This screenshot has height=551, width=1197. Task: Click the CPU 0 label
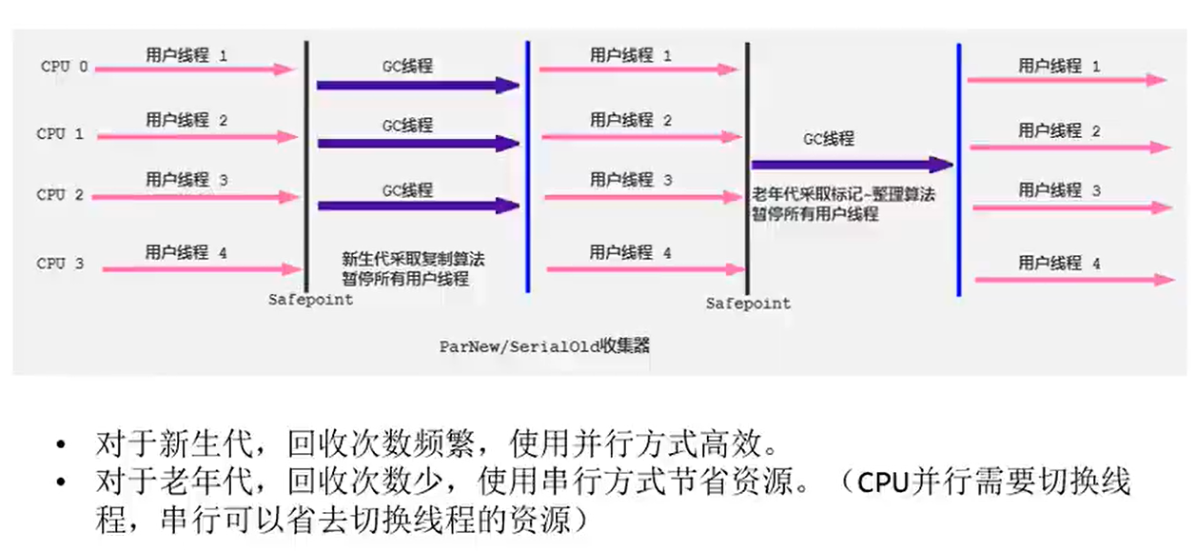pos(65,68)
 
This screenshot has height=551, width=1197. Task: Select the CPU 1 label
pos(60,134)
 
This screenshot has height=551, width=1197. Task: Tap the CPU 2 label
pos(60,195)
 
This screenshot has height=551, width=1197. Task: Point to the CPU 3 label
pos(60,264)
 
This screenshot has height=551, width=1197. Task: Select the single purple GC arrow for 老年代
pos(852,165)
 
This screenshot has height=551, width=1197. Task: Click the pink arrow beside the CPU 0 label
pos(195,69)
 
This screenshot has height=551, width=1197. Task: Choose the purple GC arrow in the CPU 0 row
pos(419,86)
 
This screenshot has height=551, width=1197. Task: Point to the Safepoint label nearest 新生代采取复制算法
pos(310,299)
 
